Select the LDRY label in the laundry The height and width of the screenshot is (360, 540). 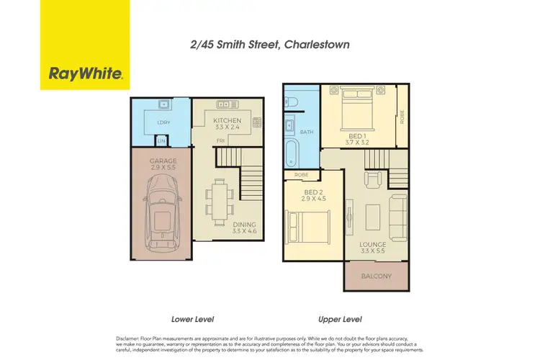click(162, 123)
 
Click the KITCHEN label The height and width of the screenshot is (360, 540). click(227, 120)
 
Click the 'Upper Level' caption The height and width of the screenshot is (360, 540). click(341, 318)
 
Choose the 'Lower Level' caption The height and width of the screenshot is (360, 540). click(193, 318)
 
